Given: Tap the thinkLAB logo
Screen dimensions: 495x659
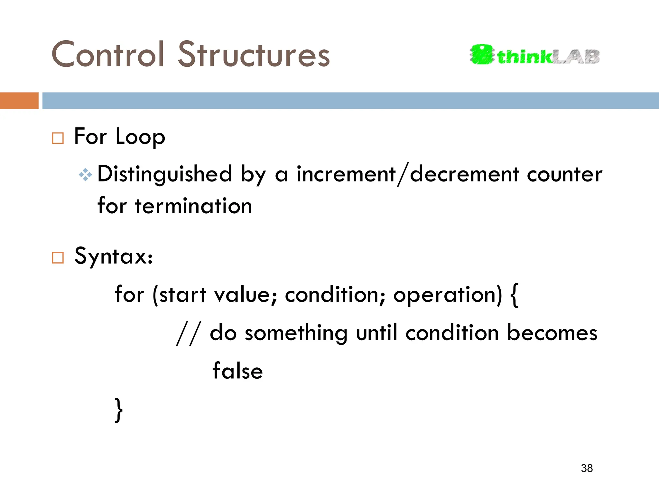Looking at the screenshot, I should point(534,55).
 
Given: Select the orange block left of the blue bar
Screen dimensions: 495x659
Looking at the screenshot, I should point(19,101).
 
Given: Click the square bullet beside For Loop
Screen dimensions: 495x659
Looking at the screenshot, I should point(58,138).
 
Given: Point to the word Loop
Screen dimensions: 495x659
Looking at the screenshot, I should point(140,137).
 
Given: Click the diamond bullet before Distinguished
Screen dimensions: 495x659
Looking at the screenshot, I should point(85,175).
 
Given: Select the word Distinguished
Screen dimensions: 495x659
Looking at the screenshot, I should point(165,174).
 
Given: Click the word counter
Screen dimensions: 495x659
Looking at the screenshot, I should point(564,174).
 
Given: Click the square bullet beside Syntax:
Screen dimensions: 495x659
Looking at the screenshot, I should point(58,258).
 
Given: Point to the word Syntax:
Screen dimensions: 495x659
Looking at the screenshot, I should point(114,256).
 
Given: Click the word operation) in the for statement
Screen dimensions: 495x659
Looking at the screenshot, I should point(448,295).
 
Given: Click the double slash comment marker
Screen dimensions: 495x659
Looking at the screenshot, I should point(189,333).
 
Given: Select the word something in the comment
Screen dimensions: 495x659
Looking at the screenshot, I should point(296,333).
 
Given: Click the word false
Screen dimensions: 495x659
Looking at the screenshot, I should point(237,371).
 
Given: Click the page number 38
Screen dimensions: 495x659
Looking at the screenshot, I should point(587,468).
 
